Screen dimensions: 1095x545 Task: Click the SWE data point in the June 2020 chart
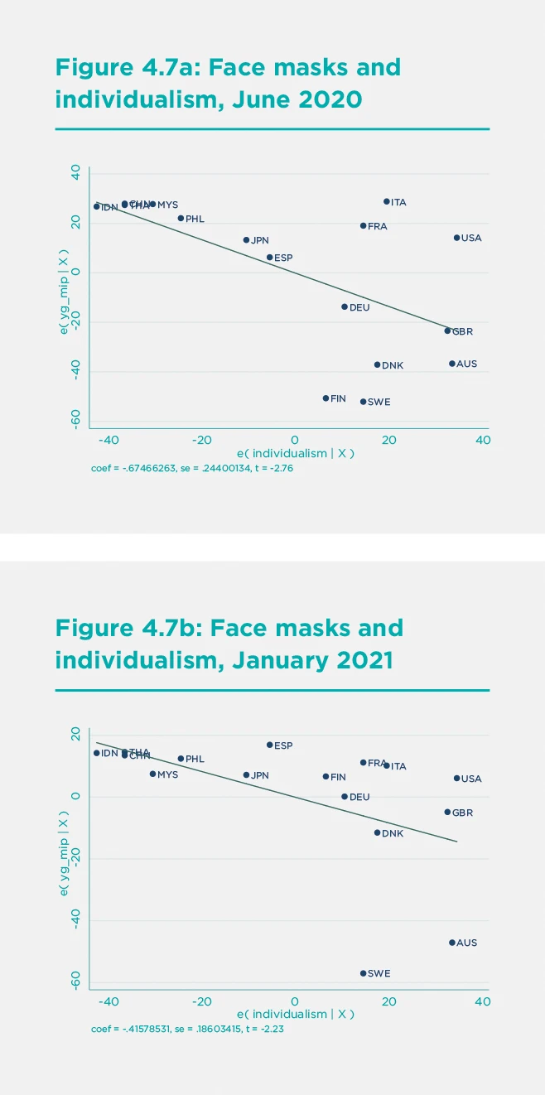pyautogui.click(x=363, y=402)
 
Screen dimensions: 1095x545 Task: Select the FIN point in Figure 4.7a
pyautogui.click(x=326, y=398)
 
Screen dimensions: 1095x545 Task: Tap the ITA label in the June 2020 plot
pyautogui.click(x=398, y=202)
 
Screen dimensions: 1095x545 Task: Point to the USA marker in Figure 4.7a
pyautogui.click(x=456, y=238)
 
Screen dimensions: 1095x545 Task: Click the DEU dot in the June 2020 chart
pyautogui.click(x=345, y=306)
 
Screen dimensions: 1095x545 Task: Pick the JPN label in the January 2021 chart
pyautogui.click(x=260, y=775)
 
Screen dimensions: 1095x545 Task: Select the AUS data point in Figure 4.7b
pyautogui.click(x=452, y=943)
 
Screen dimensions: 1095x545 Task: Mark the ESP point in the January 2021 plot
pyautogui.click(x=270, y=745)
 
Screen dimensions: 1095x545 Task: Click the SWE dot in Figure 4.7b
pyautogui.click(x=363, y=973)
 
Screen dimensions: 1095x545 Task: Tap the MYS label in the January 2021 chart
pyautogui.click(x=167, y=774)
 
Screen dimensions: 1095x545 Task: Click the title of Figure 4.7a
pyautogui.click(x=228, y=84)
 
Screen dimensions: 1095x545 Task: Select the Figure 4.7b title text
pyautogui.click(x=229, y=644)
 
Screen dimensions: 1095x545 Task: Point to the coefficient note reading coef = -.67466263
pyautogui.click(x=193, y=468)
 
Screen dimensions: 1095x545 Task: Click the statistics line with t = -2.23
pyautogui.click(x=191, y=1029)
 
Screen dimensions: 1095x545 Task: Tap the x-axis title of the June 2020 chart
pyautogui.click(x=296, y=454)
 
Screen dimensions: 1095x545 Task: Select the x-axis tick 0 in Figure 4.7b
pyautogui.click(x=294, y=1001)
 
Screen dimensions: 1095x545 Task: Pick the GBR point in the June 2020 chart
pyautogui.click(x=447, y=330)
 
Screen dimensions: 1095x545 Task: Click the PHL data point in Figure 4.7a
pyautogui.click(x=181, y=219)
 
